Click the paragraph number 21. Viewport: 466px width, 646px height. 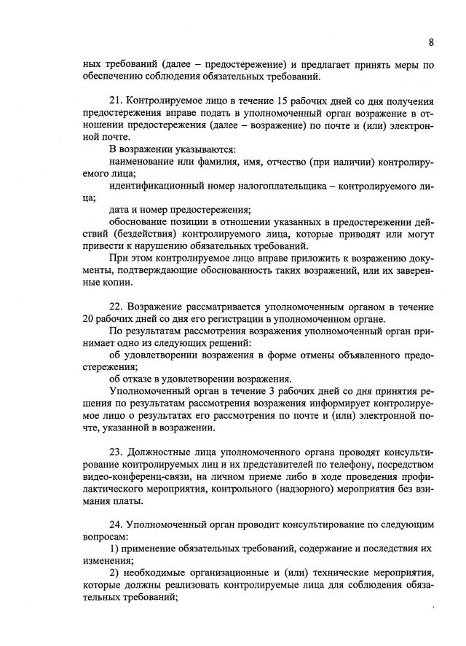(x=116, y=101)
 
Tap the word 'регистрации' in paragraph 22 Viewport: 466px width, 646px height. (x=220, y=319)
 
